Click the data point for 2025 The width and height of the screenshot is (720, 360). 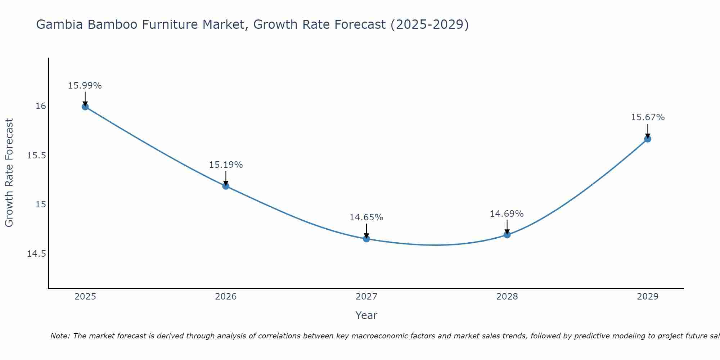(x=85, y=107)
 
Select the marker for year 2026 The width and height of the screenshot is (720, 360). (x=226, y=186)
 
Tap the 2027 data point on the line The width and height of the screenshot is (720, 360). (x=366, y=239)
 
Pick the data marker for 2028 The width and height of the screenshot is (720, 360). (x=507, y=235)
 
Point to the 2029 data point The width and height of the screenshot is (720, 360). (x=648, y=139)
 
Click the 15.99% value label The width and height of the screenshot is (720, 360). (x=85, y=86)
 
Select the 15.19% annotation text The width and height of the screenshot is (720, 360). (x=226, y=165)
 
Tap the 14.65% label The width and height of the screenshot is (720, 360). (x=366, y=217)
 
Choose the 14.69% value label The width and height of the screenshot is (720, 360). (x=507, y=214)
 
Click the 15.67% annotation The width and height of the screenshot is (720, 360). (x=648, y=117)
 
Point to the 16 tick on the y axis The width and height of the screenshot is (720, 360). (x=41, y=106)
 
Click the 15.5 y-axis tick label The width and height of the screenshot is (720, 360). (x=37, y=156)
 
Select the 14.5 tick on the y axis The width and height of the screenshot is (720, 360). (x=37, y=254)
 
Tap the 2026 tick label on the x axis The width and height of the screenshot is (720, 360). (x=226, y=297)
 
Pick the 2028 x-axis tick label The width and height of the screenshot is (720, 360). (x=507, y=297)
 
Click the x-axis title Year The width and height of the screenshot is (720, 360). (x=366, y=315)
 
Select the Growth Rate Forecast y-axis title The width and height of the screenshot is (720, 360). (x=9, y=173)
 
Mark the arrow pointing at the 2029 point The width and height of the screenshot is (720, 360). (x=648, y=131)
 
